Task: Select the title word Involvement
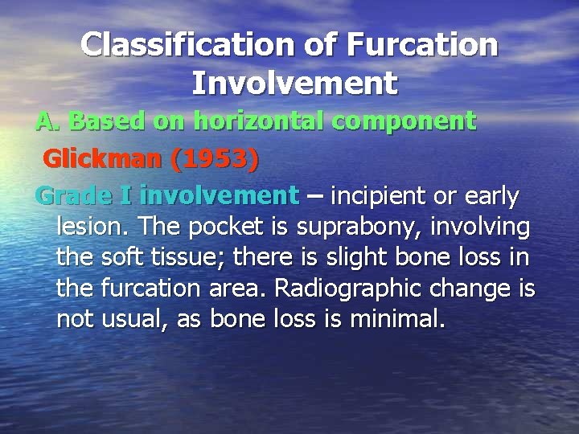click(x=295, y=82)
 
